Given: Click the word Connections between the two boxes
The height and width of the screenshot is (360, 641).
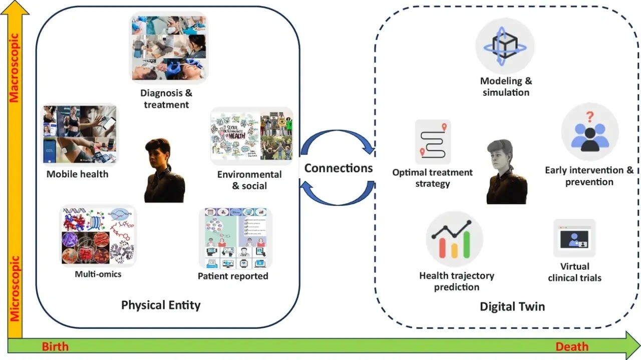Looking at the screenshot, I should point(339,168).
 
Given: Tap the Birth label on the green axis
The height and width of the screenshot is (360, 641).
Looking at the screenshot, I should point(55,346).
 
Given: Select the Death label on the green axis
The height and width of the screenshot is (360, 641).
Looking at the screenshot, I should point(572,346).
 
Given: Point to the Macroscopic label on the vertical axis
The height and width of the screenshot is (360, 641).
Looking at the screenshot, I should point(14,68).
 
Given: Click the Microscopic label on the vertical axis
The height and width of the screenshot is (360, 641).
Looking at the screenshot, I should point(14,288).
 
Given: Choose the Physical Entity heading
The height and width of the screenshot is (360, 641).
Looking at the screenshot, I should point(161,305).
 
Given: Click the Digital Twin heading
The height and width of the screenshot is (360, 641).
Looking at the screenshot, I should point(512,306).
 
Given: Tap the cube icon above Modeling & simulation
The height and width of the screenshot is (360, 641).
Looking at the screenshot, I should point(504,46).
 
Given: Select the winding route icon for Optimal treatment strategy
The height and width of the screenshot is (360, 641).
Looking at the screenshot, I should point(433,142).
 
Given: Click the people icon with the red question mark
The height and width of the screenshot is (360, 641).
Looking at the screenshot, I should point(589,132).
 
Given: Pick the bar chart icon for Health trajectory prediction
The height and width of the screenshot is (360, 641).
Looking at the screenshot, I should point(454,239).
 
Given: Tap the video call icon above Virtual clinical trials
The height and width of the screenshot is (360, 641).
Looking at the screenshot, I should point(574,238).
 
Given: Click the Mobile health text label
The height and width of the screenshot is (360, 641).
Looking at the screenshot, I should point(77,174).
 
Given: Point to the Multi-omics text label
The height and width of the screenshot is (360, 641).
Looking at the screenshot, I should point(98,274).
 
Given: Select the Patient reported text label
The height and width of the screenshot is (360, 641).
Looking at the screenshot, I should point(233,276).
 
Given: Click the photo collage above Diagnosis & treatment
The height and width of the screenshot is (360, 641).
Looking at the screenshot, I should point(169,48).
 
